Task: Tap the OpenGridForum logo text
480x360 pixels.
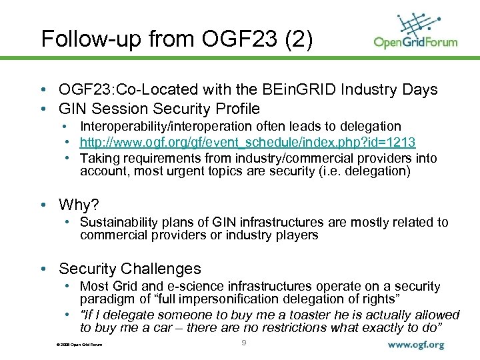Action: point(415,43)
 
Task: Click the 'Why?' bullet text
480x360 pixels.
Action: point(78,204)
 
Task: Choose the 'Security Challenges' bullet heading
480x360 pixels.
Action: point(129,269)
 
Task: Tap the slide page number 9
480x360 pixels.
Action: point(244,343)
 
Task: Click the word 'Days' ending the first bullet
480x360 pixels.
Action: point(419,90)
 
